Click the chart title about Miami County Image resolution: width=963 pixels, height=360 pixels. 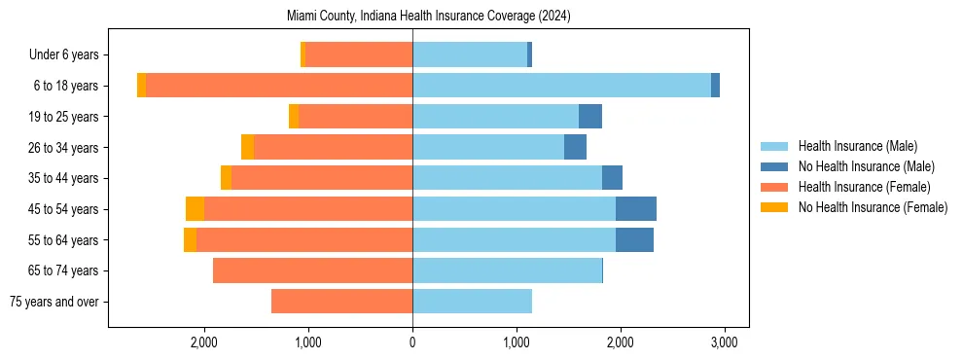pyautogui.click(x=430, y=17)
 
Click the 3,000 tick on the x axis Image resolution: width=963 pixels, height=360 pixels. pyautogui.click(x=723, y=342)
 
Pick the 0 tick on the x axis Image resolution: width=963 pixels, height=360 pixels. pyautogui.click(x=412, y=342)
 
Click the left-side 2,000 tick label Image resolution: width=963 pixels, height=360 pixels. pyautogui.click(x=203, y=342)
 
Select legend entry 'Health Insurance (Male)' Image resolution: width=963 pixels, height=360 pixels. pyautogui.click(x=857, y=146)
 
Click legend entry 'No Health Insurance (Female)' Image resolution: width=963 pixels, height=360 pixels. pyautogui.click(x=873, y=207)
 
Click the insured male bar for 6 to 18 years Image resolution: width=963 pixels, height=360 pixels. pyautogui.click(x=561, y=86)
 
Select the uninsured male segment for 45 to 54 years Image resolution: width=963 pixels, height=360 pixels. pyautogui.click(x=636, y=209)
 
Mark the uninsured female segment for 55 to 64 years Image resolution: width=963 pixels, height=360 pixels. pyautogui.click(x=190, y=240)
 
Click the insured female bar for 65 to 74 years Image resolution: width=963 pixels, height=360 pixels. pyautogui.click(x=312, y=270)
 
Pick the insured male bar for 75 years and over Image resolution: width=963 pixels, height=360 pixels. pyautogui.click(x=472, y=302)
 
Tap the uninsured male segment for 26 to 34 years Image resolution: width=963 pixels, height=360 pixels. pyautogui.click(x=575, y=147)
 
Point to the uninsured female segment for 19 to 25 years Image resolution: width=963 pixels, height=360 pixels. pyautogui.click(x=294, y=117)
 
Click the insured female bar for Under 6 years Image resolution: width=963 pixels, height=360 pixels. pyautogui.click(x=359, y=55)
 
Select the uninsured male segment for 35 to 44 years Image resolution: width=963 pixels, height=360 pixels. pyautogui.click(x=612, y=178)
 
